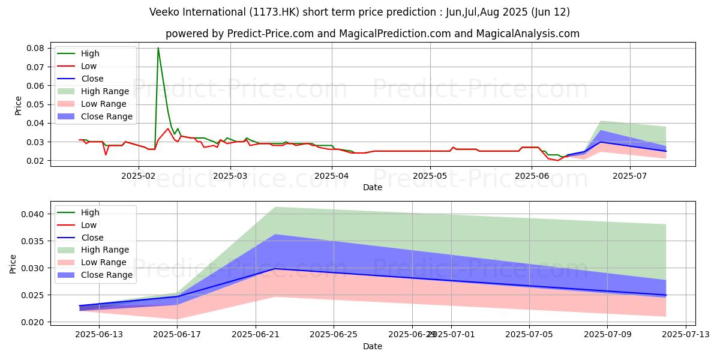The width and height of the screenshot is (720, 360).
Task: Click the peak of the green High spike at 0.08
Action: pyautogui.click(x=158, y=48)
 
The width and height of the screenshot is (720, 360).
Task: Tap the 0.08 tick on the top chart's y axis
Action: pyautogui.click(x=37, y=48)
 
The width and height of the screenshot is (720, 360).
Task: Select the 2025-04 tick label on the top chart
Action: pyautogui.click(x=332, y=176)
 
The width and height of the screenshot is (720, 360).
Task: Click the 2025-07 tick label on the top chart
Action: pyautogui.click(x=630, y=176)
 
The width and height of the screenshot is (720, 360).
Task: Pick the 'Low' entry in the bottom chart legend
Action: pyautogui.click(x=88, y=225)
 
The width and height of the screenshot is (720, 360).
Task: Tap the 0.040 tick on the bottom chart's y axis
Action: pyautogui.click(x=34, y=214)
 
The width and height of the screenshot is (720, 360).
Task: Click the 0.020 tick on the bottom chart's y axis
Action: pyautogui.click(x=34, y=322)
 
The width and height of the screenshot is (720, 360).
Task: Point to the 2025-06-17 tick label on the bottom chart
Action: pyautogui.click(x=177, y=334)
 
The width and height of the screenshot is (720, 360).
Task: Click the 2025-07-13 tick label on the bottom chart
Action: pyautogui.click(x=686, y=334)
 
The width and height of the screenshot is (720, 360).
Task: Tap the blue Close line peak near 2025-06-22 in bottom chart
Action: pyautogui.click(x=275, y=268)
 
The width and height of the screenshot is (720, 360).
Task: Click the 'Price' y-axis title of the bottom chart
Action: pyautogui.click(x=13, y=263)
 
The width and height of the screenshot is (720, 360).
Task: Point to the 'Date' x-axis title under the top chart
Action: pyautogui.click(x=373, y=187)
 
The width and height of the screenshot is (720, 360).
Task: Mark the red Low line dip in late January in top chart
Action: pyautogui.click(x=106, y=155)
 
